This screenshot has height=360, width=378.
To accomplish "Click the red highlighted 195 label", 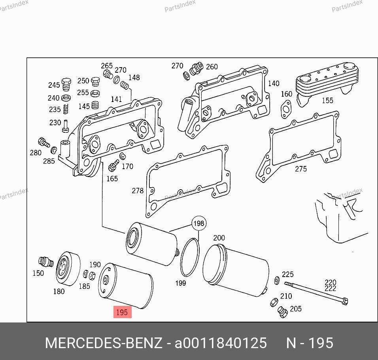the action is pyautogui.click(x=123, y=312).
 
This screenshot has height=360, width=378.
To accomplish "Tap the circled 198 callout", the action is pyautogui.click(x=199, y=223).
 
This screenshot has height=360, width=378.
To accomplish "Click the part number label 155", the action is pyautogui.click(x=328, y=100).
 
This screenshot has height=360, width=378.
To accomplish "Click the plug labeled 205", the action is pyautogui.click(x=283, y=312).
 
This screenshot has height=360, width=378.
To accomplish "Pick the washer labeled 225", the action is pyautogui.click(x=277, y=281).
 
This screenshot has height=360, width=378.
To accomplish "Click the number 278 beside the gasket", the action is pyautogui.click(x=138, y=190).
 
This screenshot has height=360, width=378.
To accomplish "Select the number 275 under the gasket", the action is pyautogui.click(x=301, y=169).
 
